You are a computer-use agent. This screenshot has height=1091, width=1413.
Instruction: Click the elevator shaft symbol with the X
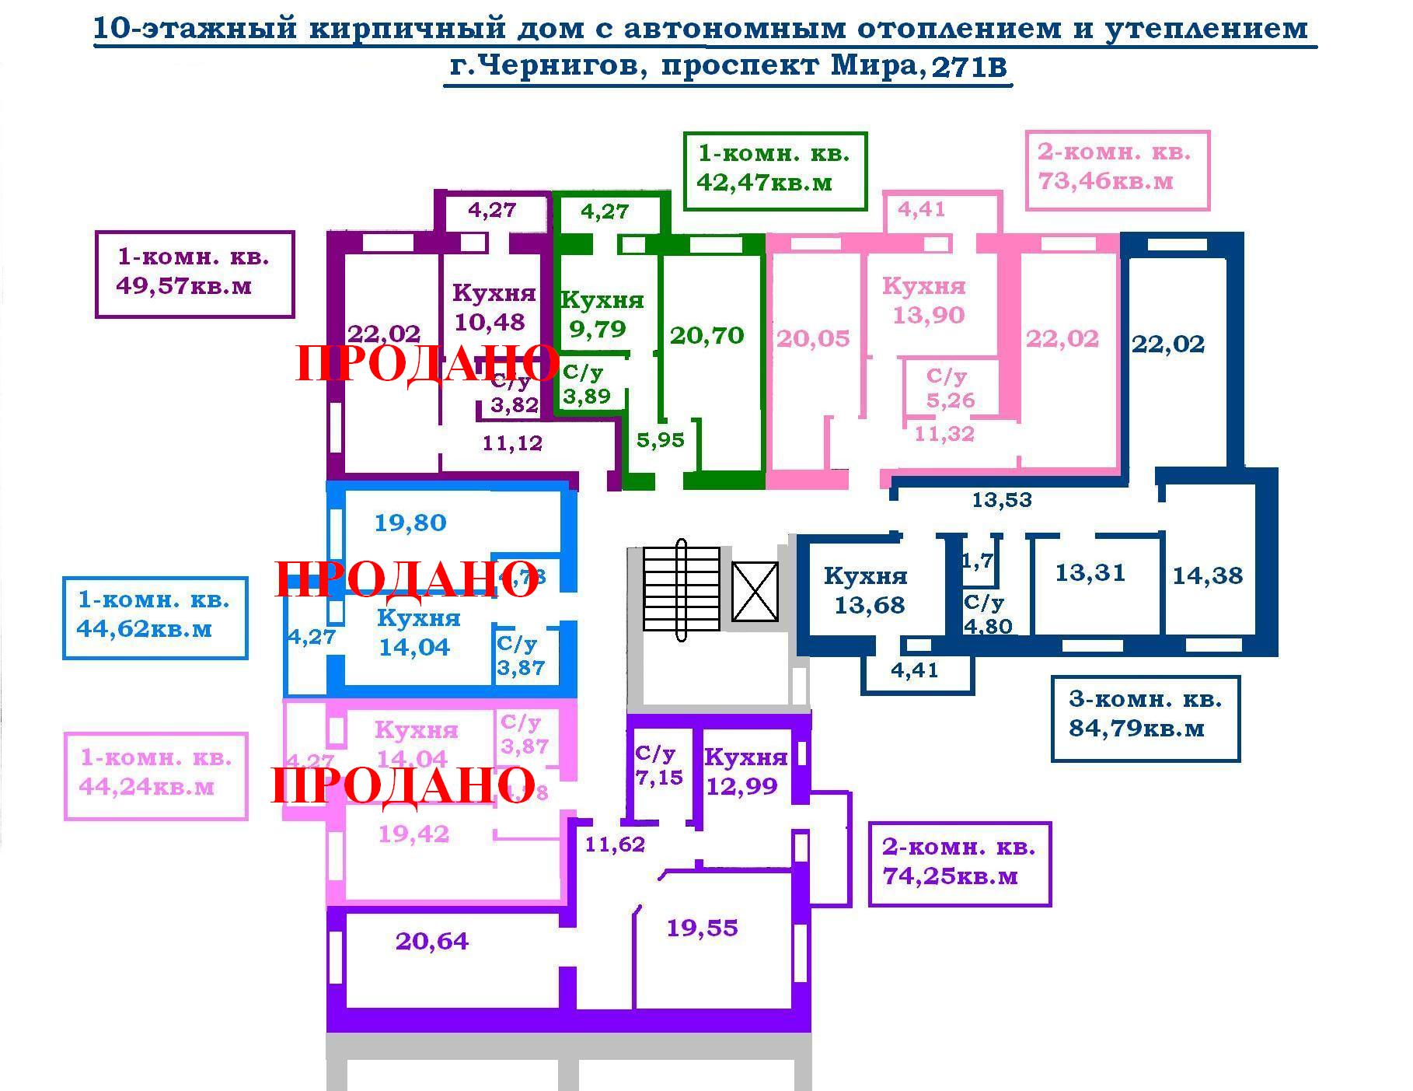click(755, 592)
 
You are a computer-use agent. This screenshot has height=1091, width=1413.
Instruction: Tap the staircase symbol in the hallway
click(682, 589)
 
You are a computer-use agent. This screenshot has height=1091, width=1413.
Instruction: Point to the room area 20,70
click(706, 336)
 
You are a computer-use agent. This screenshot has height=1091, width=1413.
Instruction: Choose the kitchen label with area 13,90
click(925, 301)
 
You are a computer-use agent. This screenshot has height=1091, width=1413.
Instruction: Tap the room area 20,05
click(813, 339)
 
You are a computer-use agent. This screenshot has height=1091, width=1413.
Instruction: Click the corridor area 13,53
click(1002, 499)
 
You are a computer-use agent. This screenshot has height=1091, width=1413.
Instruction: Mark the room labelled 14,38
click(1207, 576)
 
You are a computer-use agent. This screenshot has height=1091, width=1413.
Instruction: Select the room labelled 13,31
click(1090, 573)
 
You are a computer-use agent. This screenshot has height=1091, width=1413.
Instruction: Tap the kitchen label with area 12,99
click(744, 772)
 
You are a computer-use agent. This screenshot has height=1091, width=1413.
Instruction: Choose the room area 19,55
click(702, 928)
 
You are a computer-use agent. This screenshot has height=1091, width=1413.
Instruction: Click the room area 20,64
click(432, 942)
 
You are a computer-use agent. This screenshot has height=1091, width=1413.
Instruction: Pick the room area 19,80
click(410, 523)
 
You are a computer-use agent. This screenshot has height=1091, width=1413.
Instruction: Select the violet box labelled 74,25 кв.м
click(959, 862)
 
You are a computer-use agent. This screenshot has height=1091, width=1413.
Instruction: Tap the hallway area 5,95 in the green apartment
click(660, 441)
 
